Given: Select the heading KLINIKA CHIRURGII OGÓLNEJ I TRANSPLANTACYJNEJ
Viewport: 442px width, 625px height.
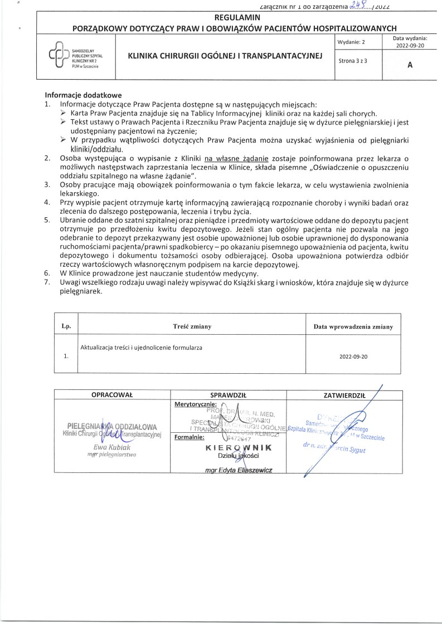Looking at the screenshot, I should click(x=225, y=56).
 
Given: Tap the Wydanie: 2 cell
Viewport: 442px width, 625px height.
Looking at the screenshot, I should click(x=352, y=42).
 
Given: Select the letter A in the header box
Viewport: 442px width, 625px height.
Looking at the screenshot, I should click(x=410, y=65).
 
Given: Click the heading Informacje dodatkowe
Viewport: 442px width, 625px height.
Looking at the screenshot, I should click(x=82, y=95).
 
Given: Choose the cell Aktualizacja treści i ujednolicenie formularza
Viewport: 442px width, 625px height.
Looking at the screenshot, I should click(x=141, y=348).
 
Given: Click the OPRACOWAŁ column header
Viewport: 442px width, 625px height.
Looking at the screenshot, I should click(x=112, y=394).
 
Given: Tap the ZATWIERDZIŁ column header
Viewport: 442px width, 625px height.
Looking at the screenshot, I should click(x=344, y=394).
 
